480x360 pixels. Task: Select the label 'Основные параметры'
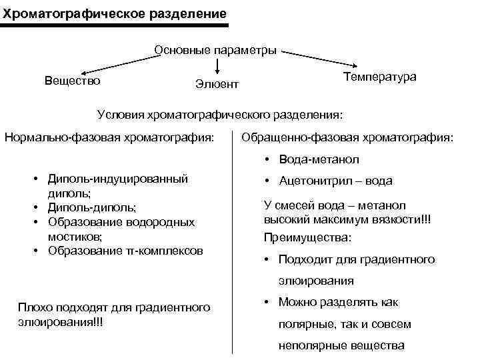215,50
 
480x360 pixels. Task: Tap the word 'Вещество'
73,81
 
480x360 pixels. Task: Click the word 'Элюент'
217,85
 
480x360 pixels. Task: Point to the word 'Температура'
379,77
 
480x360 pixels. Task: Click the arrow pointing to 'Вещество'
119,63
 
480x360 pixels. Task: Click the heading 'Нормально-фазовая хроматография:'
110,138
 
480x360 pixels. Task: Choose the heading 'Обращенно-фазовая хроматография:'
347,138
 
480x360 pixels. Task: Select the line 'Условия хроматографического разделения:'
220,114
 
